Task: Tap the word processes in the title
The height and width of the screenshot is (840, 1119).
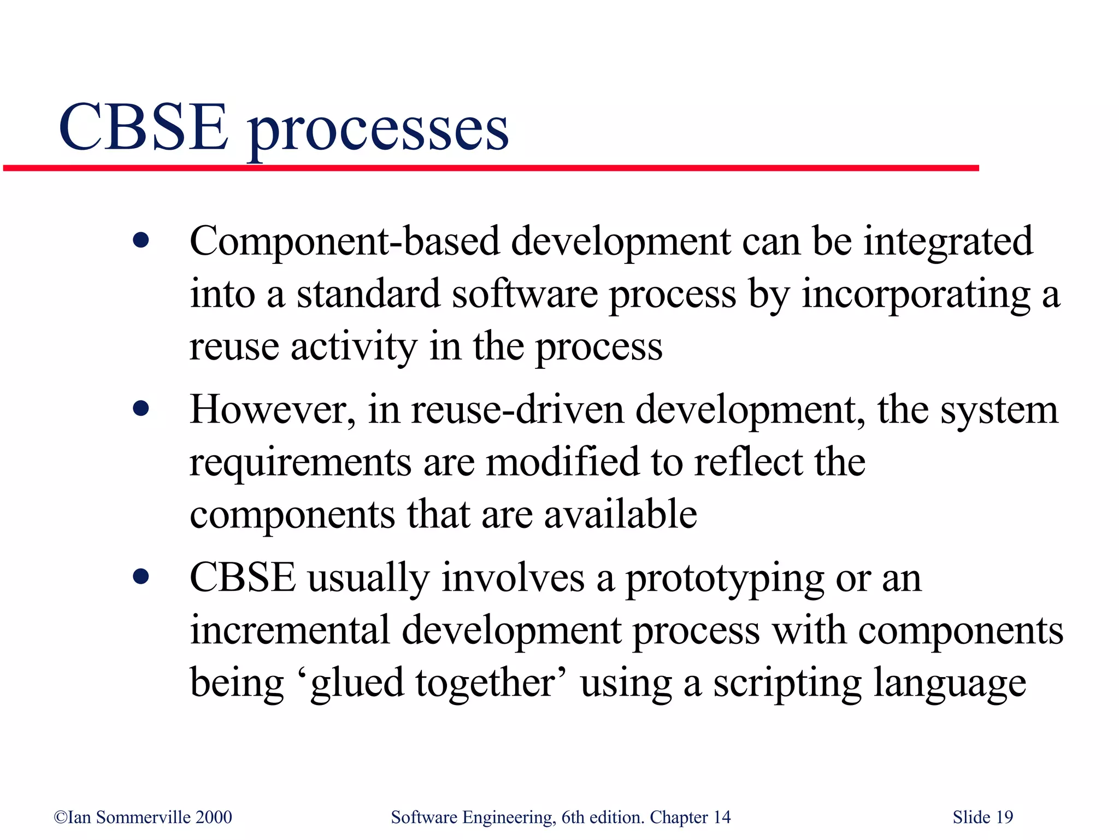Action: pyautogui.click(x=378, y=131)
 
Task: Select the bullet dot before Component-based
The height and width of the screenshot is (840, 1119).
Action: pyautogui.click(x=141, y=240)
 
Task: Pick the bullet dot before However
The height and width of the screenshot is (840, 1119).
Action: pyautogui.click(x=141, y=408)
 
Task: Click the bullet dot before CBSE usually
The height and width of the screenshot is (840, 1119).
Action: pyautogui.click(x=141, y=576)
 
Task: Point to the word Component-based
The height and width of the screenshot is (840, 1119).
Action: pyautogui.click(x=345, y=241)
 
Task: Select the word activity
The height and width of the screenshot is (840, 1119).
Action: pyautogui.click(x=354, y=347)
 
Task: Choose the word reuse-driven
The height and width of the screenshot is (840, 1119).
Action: pyautogui.click(x=517, y=409)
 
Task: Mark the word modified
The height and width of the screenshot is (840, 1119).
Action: pyautogui.click(x=562, y=462)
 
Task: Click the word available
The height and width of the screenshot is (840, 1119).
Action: pyautogui.click(x=621, y=514)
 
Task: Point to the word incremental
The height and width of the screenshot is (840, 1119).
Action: pyautogui.click(x=290, y=630)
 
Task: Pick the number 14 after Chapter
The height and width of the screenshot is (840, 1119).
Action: pyautogui.click(x=722, y=817)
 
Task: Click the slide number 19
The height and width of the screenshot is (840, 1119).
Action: pyautogui.click(x=1004, y=817)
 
